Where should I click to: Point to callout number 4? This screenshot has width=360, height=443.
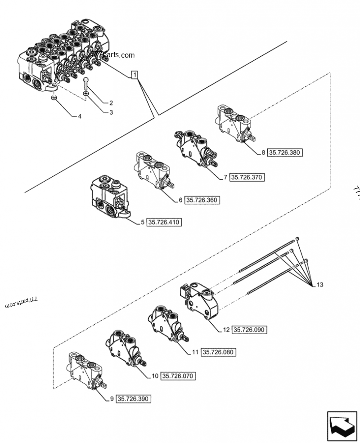(80, 116)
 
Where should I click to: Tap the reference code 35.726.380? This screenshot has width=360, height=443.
(285, 152)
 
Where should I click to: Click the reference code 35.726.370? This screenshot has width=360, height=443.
(247, 177)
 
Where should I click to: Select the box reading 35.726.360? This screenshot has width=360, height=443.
(202, 200)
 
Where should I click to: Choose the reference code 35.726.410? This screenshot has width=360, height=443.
(164, 222)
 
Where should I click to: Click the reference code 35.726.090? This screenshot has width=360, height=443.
(250, 330)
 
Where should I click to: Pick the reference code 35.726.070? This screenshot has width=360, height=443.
(179, 376)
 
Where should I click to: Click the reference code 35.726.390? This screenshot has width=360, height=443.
(134, 398)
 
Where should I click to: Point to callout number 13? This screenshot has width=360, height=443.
(319, 285)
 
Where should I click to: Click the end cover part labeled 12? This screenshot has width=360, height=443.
(201, 300)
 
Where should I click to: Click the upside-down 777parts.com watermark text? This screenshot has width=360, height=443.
(21, 301)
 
